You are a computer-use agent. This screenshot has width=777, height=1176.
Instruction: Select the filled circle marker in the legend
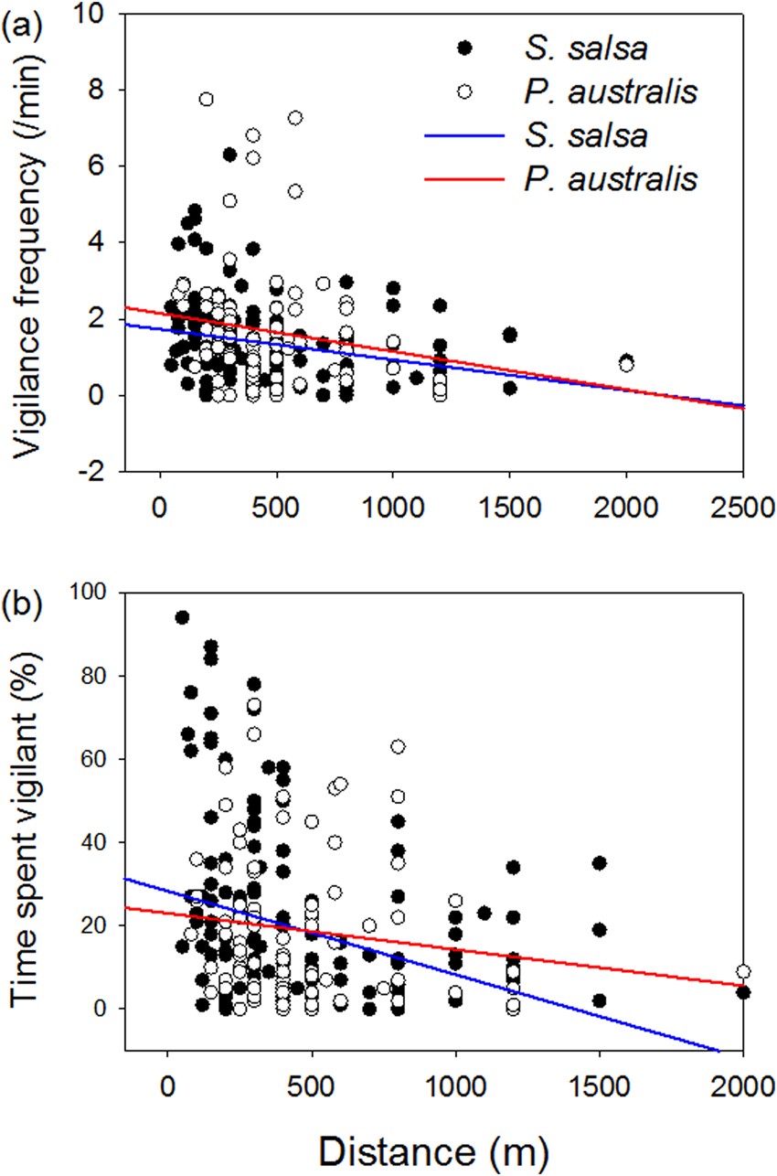(x=464, y=48)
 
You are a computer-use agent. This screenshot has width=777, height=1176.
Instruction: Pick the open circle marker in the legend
(x=464, y=91)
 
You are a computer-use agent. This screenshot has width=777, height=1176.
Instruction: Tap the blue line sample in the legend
(x=464, y=135)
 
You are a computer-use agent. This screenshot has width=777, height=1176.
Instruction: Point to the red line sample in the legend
(x=464, y=179)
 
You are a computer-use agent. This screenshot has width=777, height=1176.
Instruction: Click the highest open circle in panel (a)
(x=207, y=99)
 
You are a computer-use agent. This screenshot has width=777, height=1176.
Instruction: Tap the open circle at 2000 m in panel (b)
(x=743, y=971)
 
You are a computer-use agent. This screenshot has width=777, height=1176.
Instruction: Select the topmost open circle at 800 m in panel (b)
(x=398, y=747)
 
